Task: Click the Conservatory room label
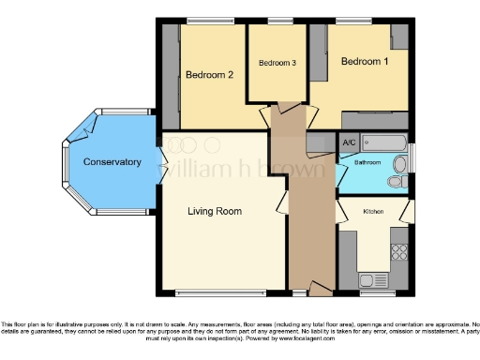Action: tap(112, 162)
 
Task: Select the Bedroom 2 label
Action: tap(209, 75)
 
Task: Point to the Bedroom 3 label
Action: tap(277, 63)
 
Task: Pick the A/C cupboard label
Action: tap(349, 142)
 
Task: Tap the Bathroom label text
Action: tap(367, 162)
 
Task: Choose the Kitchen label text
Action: tap(374, 212)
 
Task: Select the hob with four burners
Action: tap(400, 251)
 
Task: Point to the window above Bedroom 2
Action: tap(209, 21)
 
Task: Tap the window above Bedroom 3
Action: tap(278, 21)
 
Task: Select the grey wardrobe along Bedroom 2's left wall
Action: tap(170, 75)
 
